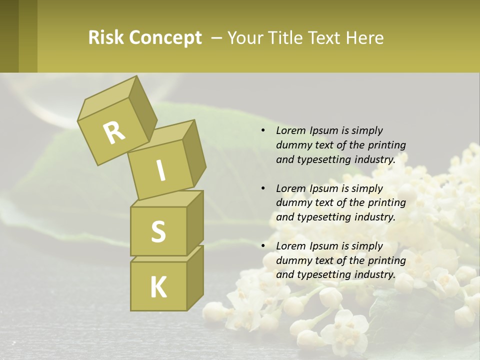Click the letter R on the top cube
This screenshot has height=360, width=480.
click(x=114, y=132)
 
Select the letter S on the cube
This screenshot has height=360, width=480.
click(x=158, y=231)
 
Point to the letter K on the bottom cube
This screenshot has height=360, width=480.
click(x=158, y=287)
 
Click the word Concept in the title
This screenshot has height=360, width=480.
click(x=165, y=38)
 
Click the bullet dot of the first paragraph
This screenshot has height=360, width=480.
click(x=263, y=131)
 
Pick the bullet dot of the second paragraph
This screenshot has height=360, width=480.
click(x=263, y=188)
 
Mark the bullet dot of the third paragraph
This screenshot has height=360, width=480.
click(x=263, y=246)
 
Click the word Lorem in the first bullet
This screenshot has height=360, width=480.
click(x=290, y=130)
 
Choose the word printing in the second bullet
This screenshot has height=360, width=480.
click(x=386, y=202)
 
